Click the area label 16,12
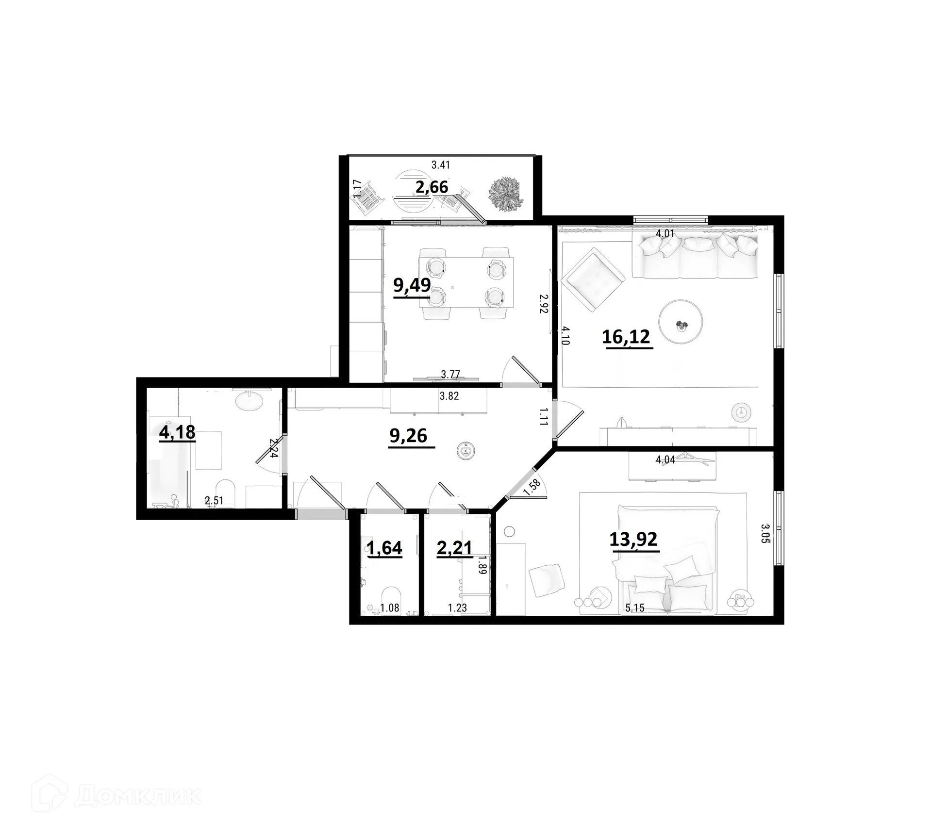[x=626, y=336]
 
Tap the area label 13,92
[x=633, y=539]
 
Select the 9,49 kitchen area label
[x=412, y=285]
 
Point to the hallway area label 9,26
[x=408, y=436]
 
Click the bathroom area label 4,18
[x=177, y=432]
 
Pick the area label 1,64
[x=384, y=548]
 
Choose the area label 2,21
[x=454, y=548]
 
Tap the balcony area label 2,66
[x=432, y=187]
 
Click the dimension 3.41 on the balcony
[x=441, y=165]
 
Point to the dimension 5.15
[x=635, y=607]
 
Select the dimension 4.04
[x=665, y=460]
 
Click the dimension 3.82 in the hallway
[x=449, y=396]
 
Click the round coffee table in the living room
[x=681, y=322]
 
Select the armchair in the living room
[x=593, y=279]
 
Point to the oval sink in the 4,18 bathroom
[x=249, y=401]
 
